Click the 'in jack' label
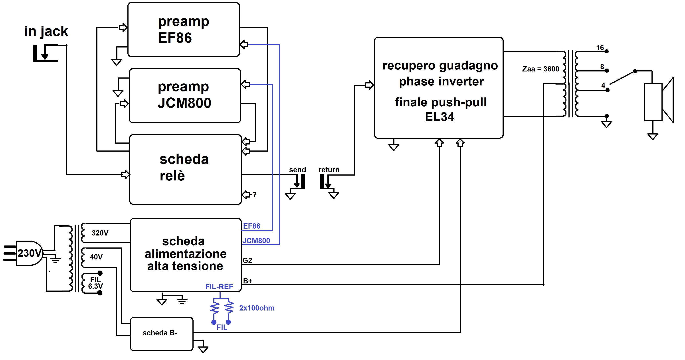tap(46, 31)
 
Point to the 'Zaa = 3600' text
tap(540, 69)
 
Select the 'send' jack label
tap(297, 170)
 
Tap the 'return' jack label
tap(329, 170)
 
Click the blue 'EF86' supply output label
tap(251, 226)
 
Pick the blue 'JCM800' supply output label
tap(256, 241)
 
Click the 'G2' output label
tap(247, 260)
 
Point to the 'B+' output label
tap(247, 281)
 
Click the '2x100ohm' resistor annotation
tap(257, 308)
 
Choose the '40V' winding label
tap(96, 257)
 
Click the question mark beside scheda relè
tap(254, 195)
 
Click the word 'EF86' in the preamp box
tap(175, 38)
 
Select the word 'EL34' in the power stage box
tap(440, 117)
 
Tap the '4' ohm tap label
tap(603, 85)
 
